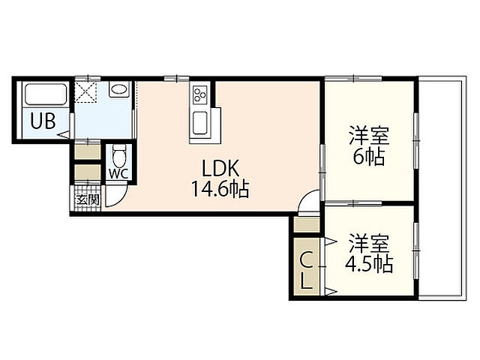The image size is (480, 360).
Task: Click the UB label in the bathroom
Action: coord(43,121)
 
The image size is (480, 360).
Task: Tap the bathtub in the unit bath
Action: coord(46,94)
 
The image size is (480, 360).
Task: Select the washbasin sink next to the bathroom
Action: coord(119,90)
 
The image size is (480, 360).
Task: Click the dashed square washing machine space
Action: coord(86,91)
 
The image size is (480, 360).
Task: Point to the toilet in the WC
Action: coord(118,157)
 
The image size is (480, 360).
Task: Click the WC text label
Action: coord(118,174)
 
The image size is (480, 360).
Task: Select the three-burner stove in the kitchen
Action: coord(200,93)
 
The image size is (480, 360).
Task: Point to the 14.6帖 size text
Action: coord(220,189)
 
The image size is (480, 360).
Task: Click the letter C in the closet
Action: coord(306,260)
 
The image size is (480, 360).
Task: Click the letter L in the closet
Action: coord(307,282)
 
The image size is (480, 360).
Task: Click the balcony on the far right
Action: coord(442,188)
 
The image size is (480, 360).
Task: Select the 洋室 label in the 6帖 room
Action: coord(370,135)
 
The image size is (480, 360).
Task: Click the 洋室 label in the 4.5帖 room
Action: coord(370,243)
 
